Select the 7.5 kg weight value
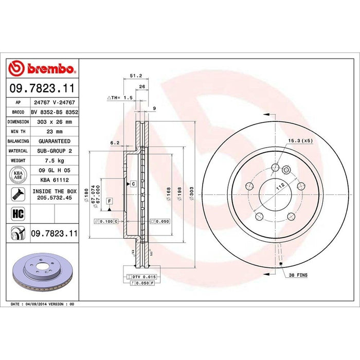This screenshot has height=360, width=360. coord(50,160)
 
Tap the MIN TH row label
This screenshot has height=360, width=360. coord(17,131)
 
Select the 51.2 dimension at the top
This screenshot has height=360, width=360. coord(136,75)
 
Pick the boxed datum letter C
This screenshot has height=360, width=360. coord(133,183)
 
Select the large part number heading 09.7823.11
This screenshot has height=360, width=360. coord(43,90)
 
